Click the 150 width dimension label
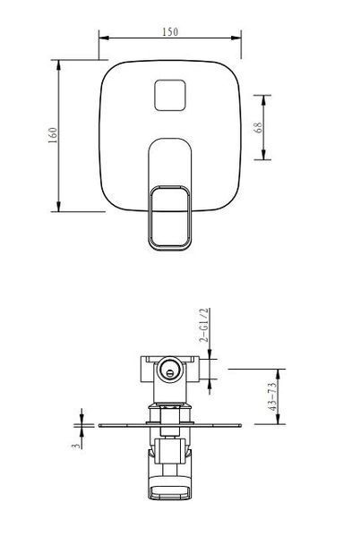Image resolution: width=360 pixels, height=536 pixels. pos(170,32)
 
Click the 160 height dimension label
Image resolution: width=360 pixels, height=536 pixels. pos(53,135)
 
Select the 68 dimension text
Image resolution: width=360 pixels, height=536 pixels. pos(259,127)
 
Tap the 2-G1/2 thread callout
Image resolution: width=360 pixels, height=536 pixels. pos(203,325)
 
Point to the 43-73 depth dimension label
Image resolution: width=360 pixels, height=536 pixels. pos(272,396)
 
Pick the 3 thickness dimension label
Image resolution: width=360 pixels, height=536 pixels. pos(77,446)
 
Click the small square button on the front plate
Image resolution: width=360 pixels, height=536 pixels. pos(170,96)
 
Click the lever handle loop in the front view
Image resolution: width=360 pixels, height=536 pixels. pos(170,217)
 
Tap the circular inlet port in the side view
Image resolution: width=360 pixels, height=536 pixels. pos(170,370)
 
